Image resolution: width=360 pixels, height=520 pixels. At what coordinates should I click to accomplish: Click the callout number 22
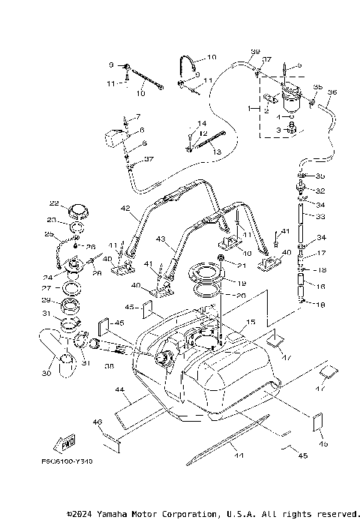coord(53,203)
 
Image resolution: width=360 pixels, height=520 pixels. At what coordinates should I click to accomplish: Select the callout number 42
coord(124,209)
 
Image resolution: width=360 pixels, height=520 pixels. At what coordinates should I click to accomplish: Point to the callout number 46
coord(97,423)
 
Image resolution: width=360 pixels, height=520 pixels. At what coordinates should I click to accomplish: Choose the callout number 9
coord(110,65)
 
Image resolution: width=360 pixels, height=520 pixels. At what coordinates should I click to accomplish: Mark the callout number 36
coord(332,92)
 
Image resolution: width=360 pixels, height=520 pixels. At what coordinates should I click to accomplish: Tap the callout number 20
coord(241,296)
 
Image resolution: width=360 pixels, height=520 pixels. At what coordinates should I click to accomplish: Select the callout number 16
coord(322,287)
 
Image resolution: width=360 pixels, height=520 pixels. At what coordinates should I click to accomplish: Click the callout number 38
coord(109,368)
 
